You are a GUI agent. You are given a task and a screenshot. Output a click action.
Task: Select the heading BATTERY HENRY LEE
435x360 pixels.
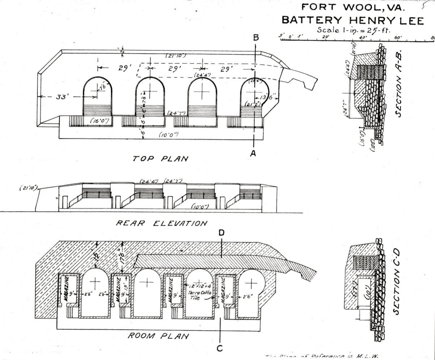click(x=352, y=20)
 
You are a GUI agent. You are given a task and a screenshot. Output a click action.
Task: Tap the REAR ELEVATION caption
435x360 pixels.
click(x=161, y=223)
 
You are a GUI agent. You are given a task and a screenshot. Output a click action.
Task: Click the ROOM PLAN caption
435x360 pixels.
click(x=158, y=336)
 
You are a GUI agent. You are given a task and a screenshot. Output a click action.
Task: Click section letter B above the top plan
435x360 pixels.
click(x=256, y=37)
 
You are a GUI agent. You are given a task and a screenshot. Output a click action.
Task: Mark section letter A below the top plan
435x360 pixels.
click(x=253, y=154)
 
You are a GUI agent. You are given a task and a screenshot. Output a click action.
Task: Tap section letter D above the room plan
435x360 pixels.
click(x=222, y=233)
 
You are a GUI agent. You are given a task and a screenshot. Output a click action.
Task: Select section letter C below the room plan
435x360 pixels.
click(x=220, y=348)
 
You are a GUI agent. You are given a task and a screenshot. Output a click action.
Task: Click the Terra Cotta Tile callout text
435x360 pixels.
click(x=199, y=295)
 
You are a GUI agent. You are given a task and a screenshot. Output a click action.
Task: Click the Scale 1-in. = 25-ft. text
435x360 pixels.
click(x=354, y=30)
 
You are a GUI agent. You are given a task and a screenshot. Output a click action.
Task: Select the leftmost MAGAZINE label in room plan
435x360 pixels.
click(x=67, y=290)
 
